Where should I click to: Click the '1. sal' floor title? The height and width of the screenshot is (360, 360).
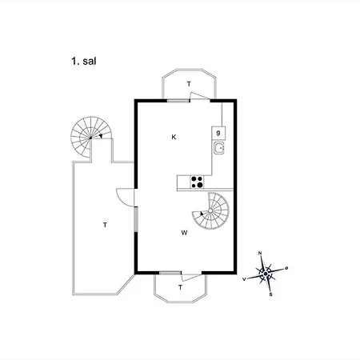(x=84, y=62)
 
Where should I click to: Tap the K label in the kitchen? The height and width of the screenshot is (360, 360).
(x=174, y=137)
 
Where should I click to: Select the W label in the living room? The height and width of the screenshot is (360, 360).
(x=184, y=233)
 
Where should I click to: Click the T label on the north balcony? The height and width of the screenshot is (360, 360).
(x=189, y=84)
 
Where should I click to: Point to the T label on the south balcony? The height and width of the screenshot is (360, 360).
(x=181, y=287)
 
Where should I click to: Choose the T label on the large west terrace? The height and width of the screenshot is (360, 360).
(x=105, y=225)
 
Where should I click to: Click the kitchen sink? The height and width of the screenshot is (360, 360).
(x=219, y=148)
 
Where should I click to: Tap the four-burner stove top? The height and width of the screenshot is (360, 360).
(x=197, y=182)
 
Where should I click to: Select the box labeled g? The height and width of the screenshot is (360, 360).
(x=218, y=133)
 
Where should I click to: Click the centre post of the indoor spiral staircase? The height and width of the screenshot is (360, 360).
(x=210, y=210)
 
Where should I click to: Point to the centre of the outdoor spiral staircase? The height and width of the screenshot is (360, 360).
(x=90, y=138)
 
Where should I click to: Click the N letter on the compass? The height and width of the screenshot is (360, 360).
(x=260, y=253)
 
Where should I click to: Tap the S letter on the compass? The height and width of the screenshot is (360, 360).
(x=271, y=294)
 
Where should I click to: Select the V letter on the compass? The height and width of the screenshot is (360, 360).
(x=244, y=279)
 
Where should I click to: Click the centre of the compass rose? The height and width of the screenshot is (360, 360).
(x=266, y=274)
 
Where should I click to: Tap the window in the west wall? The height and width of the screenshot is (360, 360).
(x=136, y=219)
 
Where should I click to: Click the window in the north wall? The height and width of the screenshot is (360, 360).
(x=178, y=101)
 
